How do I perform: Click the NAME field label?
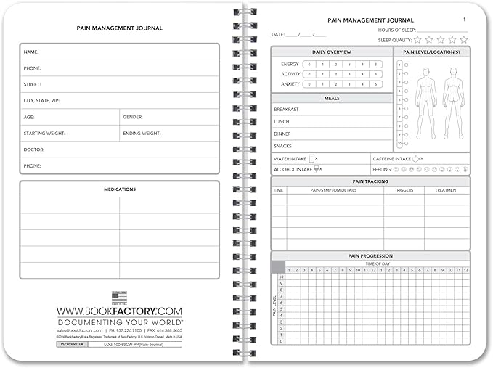pyautogui.click(x=31, y=52)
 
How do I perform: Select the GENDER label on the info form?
pyautogui.click(x=133, y=117)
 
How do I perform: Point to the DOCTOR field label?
pyautogui.click(x=34, y=150)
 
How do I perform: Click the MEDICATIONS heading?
pyautogui.click(x=120, y=189)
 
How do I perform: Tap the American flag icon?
pyautogui.click(x=119, y=298)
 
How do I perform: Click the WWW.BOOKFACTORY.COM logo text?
pyautogui.click(x=120, y=311)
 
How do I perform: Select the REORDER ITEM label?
pyautogui.click(x=73, y=345)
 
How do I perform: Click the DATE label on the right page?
pyautogui.click(x=278, y=34)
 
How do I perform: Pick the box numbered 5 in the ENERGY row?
pyautogui.click(x=375, y=64)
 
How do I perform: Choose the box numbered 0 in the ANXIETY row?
pyautogui.click(x=309, y=83)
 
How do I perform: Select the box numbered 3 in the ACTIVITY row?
pyautogui.click(x=349, y=74)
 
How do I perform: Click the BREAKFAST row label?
pyautogui.click(x=286, y=109)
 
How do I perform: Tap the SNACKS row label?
pyautogui.click(x=282, y=146)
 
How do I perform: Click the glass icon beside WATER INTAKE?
pyautogui.click(x=311, y=158)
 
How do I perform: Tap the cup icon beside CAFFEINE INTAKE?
pyautogui.click(x=415, y=158)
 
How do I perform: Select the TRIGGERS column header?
pyautogui.click(x=404, y=190)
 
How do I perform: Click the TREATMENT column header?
pyautogui.click(x=447, y=190)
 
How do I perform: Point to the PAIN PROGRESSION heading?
pyautogui.click(x=371, y=255)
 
